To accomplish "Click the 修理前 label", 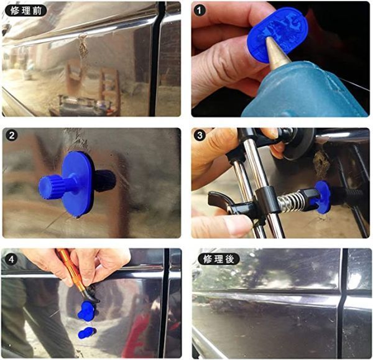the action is [x=25, y=11].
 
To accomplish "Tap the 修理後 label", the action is [x=218, y=259].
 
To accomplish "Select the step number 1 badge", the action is [x=200, y=11].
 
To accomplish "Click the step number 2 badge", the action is [x=11, y=136].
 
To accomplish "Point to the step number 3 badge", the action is [x=200, y=136].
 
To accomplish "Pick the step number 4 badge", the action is [x=11, y=259].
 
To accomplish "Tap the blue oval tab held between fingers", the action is [x=277, y=32].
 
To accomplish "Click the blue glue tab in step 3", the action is [x=322, y=196].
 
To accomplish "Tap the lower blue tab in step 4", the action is [x=86, y=333].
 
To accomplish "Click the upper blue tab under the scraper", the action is [x=87, y=311].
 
